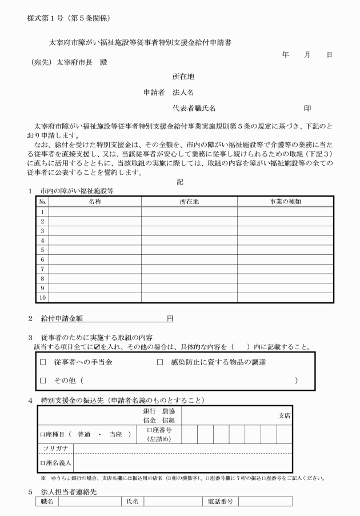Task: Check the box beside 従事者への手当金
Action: (x=43, y=362)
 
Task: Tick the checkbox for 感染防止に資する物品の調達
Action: (x=160, y=362)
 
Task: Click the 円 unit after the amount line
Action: (x=170, y=319)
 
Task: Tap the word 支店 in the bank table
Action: (x=284, y=416)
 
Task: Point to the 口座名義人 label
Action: (x=55, y=463)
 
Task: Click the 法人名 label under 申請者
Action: (x=184, y=92)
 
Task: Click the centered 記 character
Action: (x=179, y=181)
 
